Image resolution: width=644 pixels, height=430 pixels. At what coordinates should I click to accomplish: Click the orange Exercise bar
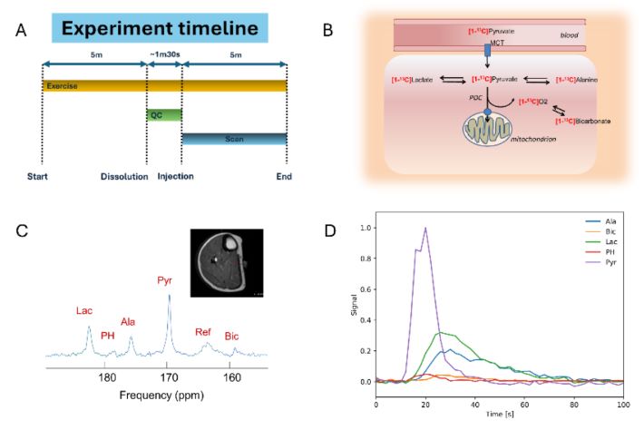tap(164, 85)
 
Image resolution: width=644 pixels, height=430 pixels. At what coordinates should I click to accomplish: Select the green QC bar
tap(164, 115)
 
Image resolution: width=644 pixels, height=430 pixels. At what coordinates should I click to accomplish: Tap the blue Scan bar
tap(234, 139)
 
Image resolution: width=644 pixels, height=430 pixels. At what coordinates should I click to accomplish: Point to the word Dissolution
tap(123, 176)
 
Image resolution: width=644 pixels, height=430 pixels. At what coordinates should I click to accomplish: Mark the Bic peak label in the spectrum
tap(233, 337)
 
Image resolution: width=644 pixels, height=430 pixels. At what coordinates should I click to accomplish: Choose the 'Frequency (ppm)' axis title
tap(161, 396)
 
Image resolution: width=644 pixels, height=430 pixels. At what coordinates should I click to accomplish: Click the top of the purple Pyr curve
tap(424, 229)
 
